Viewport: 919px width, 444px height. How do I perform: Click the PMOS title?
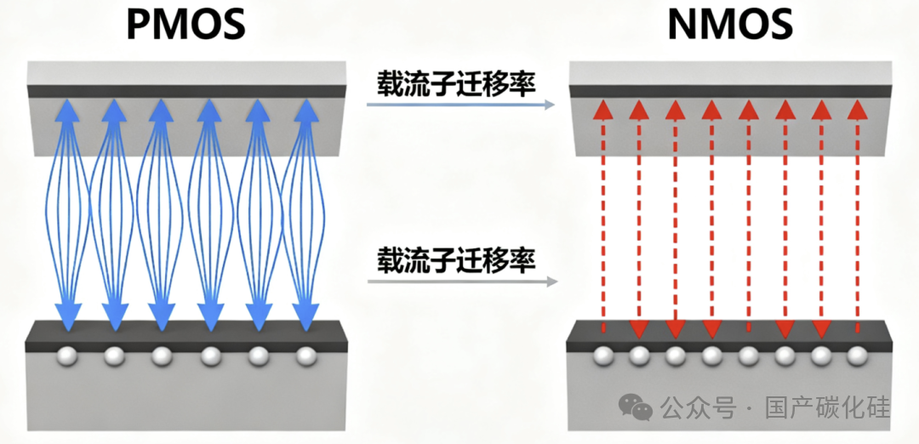tap(186, 25)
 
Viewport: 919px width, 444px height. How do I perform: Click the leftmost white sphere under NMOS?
tap(602, 356)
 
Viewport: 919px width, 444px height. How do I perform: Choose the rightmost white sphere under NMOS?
tap(857, 356)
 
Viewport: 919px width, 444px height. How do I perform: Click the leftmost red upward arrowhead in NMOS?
tap(602, 110)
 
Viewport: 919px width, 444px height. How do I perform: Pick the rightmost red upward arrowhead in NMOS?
tap(858, 110)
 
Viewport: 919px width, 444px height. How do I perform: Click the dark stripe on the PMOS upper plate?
tap(185, 91)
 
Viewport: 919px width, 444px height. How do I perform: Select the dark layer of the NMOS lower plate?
tap(729, 335)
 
